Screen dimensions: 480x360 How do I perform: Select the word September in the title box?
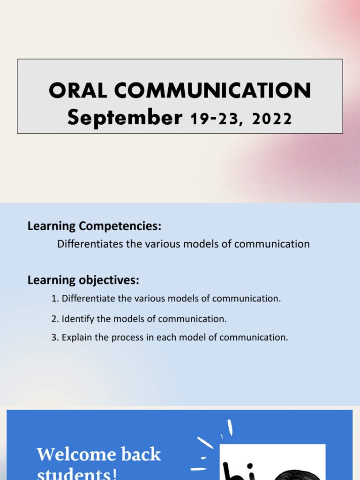pyautogui.click(x=124, y=118)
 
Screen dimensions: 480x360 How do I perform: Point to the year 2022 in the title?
pyautogui.click(x=272, y=119)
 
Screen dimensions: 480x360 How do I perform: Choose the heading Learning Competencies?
pyautogui.click(x=94, y=226)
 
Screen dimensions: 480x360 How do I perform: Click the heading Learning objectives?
pyautogui.click(x=83, y=280)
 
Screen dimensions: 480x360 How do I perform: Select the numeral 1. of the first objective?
pyautogui.click(x=55, y=299)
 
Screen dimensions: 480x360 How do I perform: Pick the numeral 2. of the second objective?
pyautogui.click(x=55, y=319)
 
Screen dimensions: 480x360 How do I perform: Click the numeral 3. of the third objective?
pyautogui.click(x=55, y=337)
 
